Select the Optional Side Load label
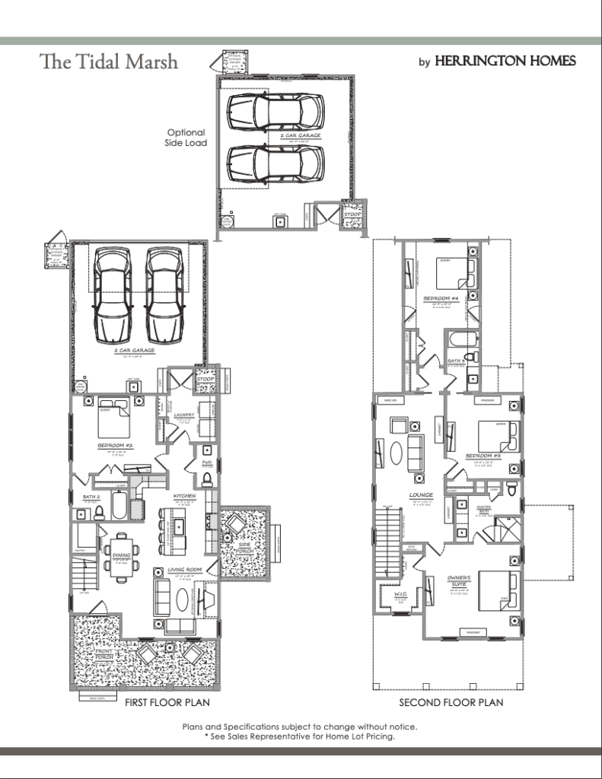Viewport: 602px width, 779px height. pyautogui.click(x=186, y=138)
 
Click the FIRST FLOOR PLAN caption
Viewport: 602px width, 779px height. pyautogui.click(x=167, y=703)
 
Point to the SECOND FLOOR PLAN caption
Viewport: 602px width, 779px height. pyautogui.click(x=451, y=703)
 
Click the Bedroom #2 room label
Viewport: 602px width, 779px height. pyautogui.click(x=115, y=445)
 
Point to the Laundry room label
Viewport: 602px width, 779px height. pyautogui.click(x=185, y=415)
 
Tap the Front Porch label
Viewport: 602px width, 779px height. pyautogui.click(x=105, y=656)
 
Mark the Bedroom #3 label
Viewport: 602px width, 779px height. pyautogui.click(x=482, y=456)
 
